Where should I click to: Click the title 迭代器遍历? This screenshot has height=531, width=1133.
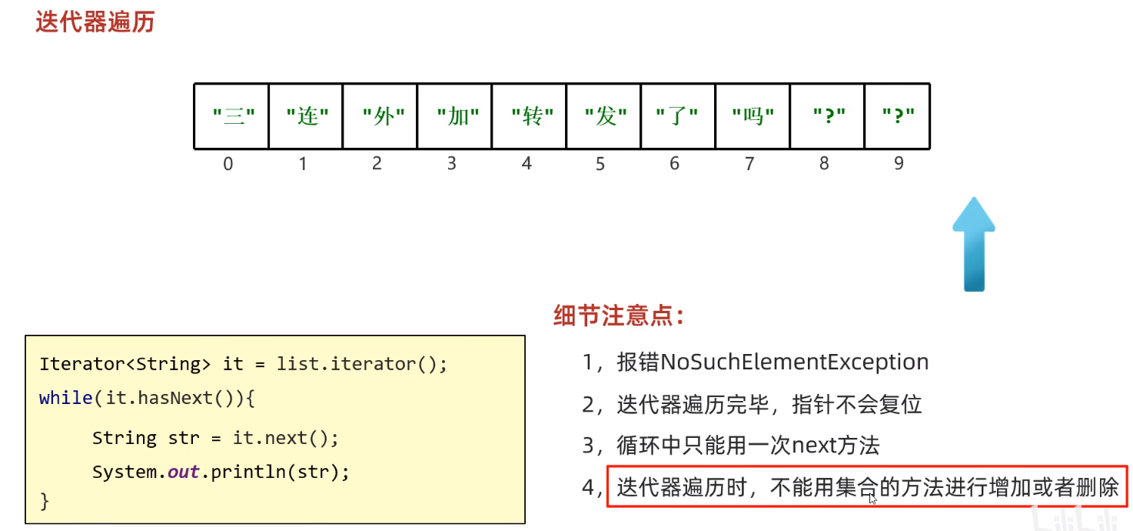pos(95,22)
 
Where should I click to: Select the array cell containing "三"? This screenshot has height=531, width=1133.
pos(232,116)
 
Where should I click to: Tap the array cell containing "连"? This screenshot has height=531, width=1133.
pos(307,116)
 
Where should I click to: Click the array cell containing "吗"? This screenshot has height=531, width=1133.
pos(753,116)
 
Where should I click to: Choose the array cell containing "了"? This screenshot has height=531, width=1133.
pos(677,116)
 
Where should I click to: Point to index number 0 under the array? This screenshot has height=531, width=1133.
pos(228,164)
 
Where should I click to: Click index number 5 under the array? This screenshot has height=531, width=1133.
pos(600,164)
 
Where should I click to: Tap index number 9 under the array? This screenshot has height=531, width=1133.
pos(899,164)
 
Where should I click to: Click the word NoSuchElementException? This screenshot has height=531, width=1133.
pos(794,362)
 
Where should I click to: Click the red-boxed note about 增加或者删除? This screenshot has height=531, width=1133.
pos(867,486)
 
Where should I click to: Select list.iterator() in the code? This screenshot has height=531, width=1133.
pos(361,363)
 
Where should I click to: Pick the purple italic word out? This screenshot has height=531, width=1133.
pos(184,472)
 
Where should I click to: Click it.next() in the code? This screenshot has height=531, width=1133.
pos(285,438)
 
